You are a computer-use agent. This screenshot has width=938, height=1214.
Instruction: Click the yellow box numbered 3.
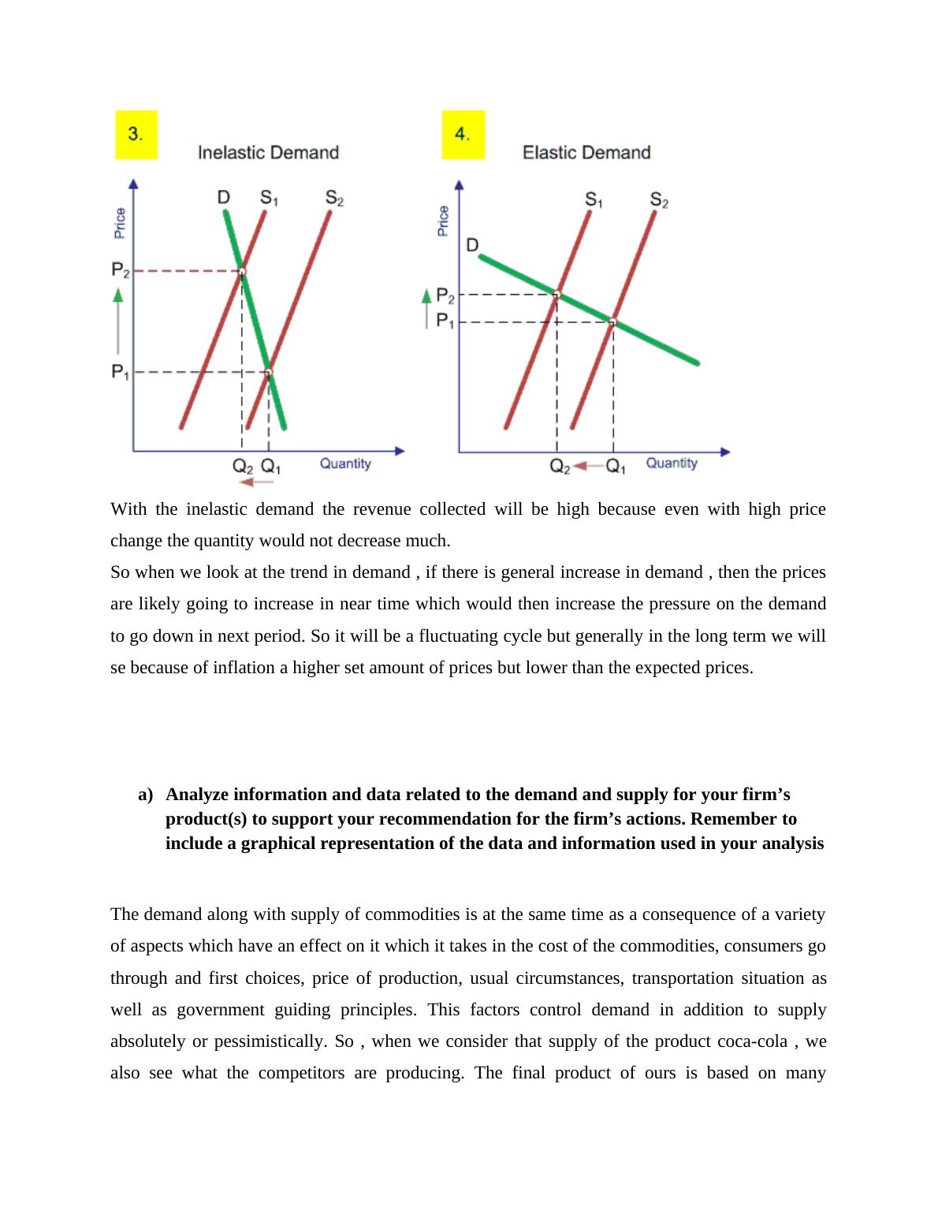point(136,135)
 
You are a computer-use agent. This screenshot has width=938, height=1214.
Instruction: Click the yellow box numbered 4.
point(463,135)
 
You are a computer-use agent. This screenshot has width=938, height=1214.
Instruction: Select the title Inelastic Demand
point(268,152)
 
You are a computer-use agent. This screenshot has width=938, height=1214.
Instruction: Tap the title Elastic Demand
point(586,152)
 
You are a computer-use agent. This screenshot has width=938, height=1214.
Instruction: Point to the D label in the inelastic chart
point(224,197)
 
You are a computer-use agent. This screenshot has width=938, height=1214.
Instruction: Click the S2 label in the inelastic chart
point(334,199)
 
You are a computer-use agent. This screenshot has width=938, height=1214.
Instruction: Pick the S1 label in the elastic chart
point(594,200)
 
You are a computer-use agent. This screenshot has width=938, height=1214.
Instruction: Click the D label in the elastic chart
point(472,245)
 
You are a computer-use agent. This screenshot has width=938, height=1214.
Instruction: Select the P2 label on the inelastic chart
point(121,271)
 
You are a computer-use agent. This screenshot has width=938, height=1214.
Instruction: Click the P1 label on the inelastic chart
point(120,371)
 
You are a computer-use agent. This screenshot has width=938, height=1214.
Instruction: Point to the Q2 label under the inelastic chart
point(243,466)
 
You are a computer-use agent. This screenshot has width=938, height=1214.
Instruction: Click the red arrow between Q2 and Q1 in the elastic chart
point(587,467)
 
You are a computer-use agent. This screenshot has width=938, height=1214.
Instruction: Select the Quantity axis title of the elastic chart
point(672,464)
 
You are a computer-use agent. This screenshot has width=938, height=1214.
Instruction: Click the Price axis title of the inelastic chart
point(120,222)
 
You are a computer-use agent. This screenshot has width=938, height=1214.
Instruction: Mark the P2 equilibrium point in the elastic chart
point(556,295)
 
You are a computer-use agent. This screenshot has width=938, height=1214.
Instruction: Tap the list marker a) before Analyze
point(145,795)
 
